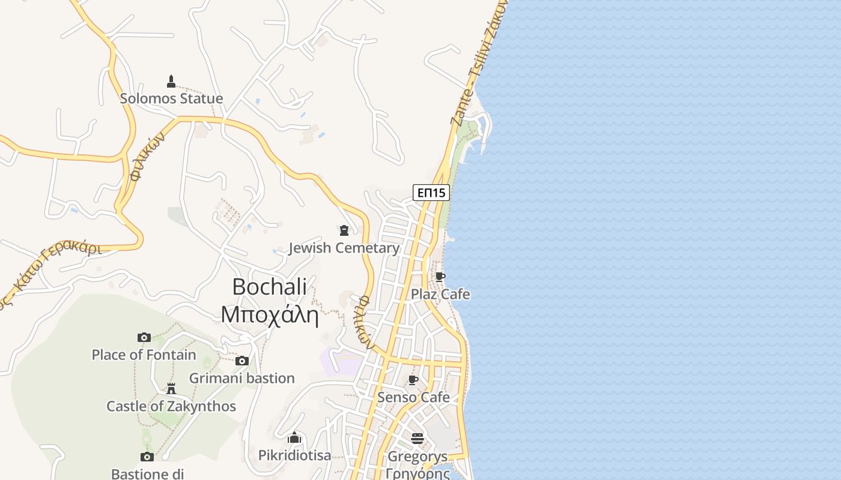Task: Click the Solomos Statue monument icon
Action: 171,82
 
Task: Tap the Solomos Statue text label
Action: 171,98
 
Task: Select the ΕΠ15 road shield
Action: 431,193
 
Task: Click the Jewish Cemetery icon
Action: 344,230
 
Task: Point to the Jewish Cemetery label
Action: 344,248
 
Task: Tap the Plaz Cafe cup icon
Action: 440,277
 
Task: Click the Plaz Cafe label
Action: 440,294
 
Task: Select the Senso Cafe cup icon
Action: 413,380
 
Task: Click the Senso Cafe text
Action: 413,397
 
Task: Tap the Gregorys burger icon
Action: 417,439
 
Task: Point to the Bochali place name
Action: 269,287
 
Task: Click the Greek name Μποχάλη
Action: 269,314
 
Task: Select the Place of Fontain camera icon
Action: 144,337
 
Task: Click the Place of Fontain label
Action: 144,355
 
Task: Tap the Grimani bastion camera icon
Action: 242,361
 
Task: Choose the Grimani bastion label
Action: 241,378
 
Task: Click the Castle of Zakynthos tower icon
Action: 171,389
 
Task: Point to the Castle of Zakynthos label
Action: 171,406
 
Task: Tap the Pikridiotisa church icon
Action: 294,437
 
